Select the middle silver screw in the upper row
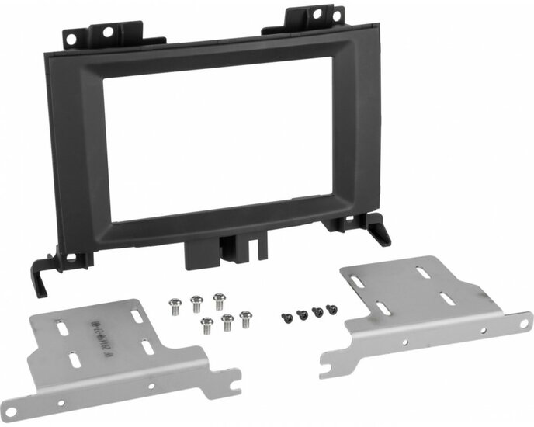(x=197, y=301)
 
